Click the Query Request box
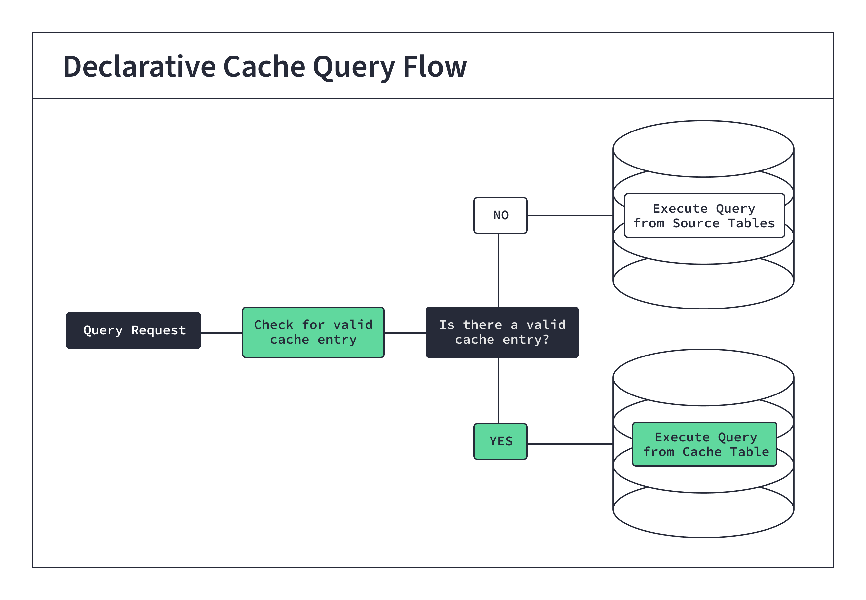click(133, 330)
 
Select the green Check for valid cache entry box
click(313, 332)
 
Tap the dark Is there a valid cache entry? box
click(502, 332)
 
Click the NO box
click(500, 215)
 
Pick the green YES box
click(500, 441)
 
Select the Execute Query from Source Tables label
click(704, 215)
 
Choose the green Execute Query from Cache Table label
click(704, 444)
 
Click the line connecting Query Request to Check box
click(221, 333)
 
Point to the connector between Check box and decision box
click(405, 333)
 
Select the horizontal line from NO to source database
click(570, 215)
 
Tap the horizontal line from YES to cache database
click(570, 444)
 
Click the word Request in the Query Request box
click(158, 330)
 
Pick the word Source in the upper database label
click(696, 223)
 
